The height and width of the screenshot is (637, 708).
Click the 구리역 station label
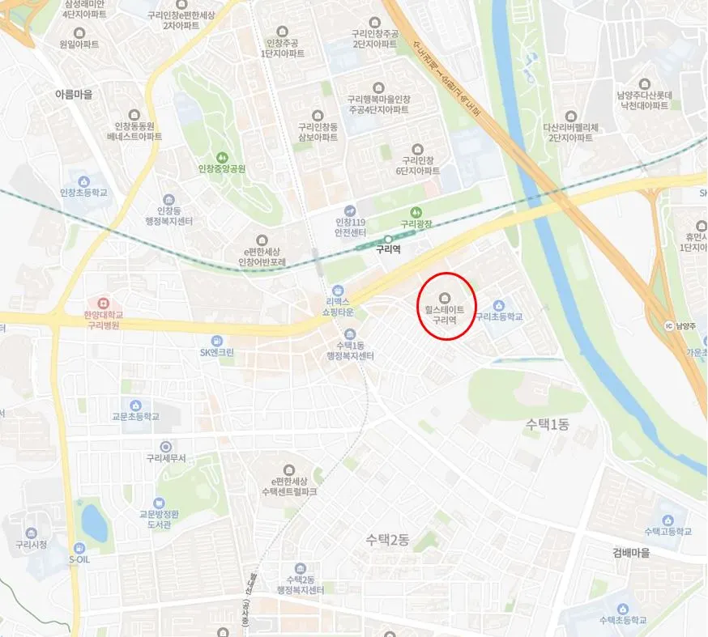[x=388, y=249]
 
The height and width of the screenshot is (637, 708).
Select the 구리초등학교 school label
[x=500, y=316]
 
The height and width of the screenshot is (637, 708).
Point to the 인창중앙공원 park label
[x=222, y=169]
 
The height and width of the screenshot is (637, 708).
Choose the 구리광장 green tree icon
[x=417, y=212]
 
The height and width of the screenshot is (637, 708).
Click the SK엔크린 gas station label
[x=216, y=352]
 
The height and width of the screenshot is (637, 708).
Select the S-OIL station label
[x=79, y=558]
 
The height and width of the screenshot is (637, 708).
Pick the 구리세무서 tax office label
[x=166, y=458]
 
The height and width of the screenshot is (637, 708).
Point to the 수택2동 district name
[x=387, y=538]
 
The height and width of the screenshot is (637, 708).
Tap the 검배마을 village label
[x=632, y=554]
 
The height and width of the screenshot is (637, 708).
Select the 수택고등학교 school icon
[x=667, y=519]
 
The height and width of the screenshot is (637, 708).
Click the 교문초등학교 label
[x=135, y=417]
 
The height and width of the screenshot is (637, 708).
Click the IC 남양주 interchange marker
[x=668, y=326]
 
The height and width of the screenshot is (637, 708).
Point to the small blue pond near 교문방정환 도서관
[x=94, y=524]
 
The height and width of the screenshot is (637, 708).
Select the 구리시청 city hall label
[x=30, y=545]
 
